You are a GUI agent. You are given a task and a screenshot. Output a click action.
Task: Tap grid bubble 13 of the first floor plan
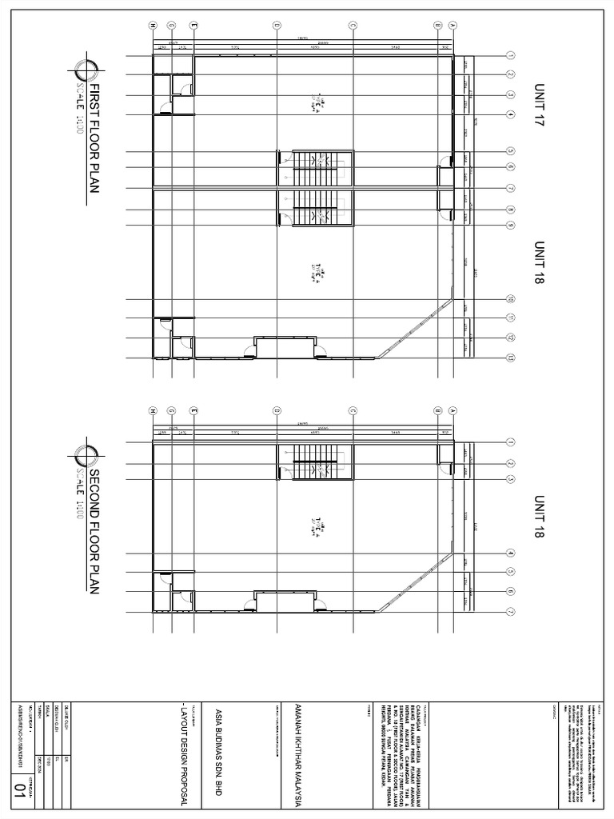coord(510,358)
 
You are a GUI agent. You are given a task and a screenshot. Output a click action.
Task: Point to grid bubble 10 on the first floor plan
coord(510,299)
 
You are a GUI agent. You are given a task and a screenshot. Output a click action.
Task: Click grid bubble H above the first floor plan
coord(152,26)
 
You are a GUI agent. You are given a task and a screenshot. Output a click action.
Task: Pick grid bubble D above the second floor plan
coord(277,410)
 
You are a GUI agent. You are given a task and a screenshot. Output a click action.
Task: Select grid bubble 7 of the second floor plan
coord(510,612)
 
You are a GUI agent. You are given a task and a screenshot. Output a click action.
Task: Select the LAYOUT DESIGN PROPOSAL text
coord(183,744)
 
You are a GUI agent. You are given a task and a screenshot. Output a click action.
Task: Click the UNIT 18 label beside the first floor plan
coord(538,264)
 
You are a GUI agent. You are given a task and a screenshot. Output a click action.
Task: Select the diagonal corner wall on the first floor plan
coord(416,328)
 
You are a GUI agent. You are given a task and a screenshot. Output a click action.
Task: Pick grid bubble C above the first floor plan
coord(353,26)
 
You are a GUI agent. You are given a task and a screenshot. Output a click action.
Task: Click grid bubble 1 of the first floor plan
coord(510,56)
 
